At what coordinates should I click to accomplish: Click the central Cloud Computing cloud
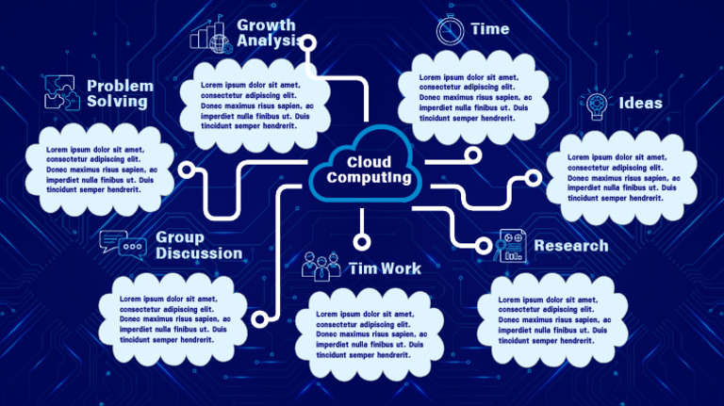tap(368, 167)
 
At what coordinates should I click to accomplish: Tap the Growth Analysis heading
tap(266, 33)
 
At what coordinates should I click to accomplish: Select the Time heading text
tap(489, 29)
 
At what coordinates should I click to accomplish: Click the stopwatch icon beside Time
tap(450, 30)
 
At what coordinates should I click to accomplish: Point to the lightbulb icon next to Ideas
tap(596, 103)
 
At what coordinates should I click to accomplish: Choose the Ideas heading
tap(640, 104)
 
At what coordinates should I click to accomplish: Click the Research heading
tap(571, 246)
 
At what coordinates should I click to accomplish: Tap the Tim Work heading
tap(385, 268)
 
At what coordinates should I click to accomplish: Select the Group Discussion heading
tap(198, 245)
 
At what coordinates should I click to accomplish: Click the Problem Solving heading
tap(120, 93)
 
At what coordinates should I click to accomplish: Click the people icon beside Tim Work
tap(321, 267)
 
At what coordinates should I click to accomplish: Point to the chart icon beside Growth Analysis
tap(210, 35)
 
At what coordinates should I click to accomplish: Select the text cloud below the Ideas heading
tap(622, 177)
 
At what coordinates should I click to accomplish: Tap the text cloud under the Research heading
tap(552, 323)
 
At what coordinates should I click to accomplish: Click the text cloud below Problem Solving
tap(100, 170)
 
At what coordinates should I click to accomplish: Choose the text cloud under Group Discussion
tap(174, 319)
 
